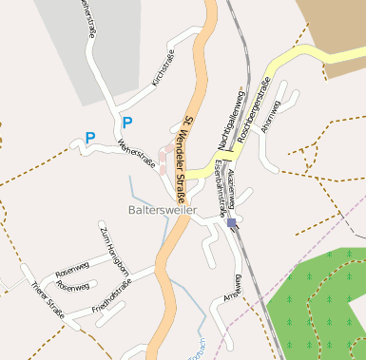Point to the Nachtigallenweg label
[x=230, y=114]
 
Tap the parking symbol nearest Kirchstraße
[x=126, y=122]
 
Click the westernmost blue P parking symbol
[x=90, y=138]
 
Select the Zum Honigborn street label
[x=114, y=249]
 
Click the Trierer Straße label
[x=47, y=299]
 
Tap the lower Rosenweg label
[x=73, y=286]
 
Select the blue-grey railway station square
[x=231, y=223]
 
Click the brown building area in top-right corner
[x=333, y=24]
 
